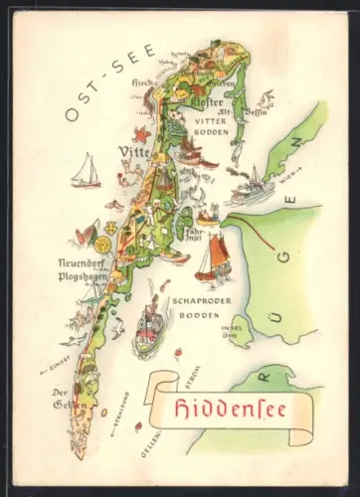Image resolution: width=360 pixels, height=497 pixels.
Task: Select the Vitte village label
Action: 133,152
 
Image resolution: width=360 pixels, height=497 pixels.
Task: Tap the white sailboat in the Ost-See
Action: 87,171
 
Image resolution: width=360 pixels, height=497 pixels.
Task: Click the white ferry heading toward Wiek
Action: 251,184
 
